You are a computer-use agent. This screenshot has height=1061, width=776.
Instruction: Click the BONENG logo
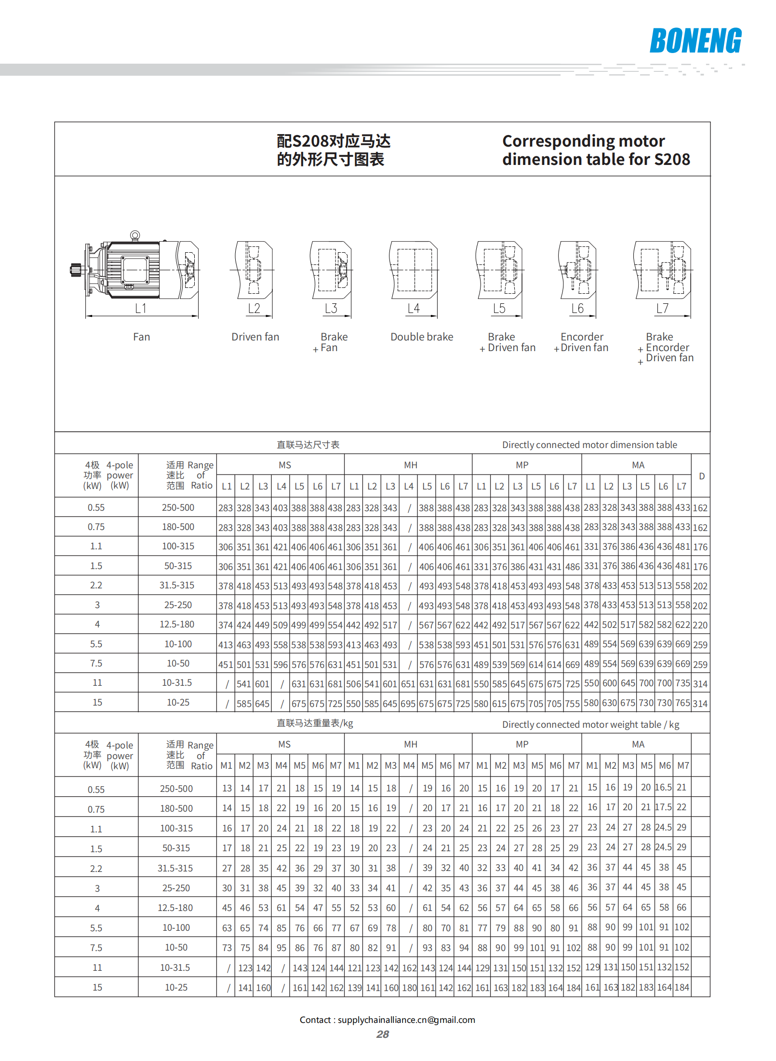coord(695,41)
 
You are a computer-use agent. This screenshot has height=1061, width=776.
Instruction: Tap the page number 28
coord(383,1034)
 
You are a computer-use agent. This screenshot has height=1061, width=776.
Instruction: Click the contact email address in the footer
coord(406,1020)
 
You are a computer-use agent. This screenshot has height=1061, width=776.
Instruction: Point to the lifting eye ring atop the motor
coord(135,235)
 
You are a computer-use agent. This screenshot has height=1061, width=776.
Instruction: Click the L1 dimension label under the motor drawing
coord(140,308)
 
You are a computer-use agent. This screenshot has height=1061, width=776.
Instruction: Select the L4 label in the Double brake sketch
coord(414,308)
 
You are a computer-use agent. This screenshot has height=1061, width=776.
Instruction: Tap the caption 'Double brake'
coord(422,337)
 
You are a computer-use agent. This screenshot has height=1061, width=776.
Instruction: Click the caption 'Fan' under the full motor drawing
coord(141,337)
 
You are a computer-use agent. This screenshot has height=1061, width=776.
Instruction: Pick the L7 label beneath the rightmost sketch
coord(662,308)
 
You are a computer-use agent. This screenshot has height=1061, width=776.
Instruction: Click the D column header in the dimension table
coord(701,476)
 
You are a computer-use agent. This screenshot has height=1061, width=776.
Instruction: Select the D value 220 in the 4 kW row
coord(700,625)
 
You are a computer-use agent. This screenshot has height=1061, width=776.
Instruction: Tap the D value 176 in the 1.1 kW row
coord(700,547)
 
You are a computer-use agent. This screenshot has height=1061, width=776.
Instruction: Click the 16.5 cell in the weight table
coord(663,787)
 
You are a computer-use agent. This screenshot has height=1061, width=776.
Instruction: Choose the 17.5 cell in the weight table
coord(663,807)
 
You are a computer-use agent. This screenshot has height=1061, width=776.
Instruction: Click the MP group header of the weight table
coord(522,744)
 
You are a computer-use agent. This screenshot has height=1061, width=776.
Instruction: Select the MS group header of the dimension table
coord(285,465)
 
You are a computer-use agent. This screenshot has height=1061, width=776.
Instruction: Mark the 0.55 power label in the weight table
coord(96,789)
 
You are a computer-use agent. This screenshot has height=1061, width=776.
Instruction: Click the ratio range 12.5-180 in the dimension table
coord(177,624)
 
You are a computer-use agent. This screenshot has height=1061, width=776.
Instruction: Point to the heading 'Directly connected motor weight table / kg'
coord(590,724)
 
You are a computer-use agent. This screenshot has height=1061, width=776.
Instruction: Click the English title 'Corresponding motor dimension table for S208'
coord(596,150)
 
